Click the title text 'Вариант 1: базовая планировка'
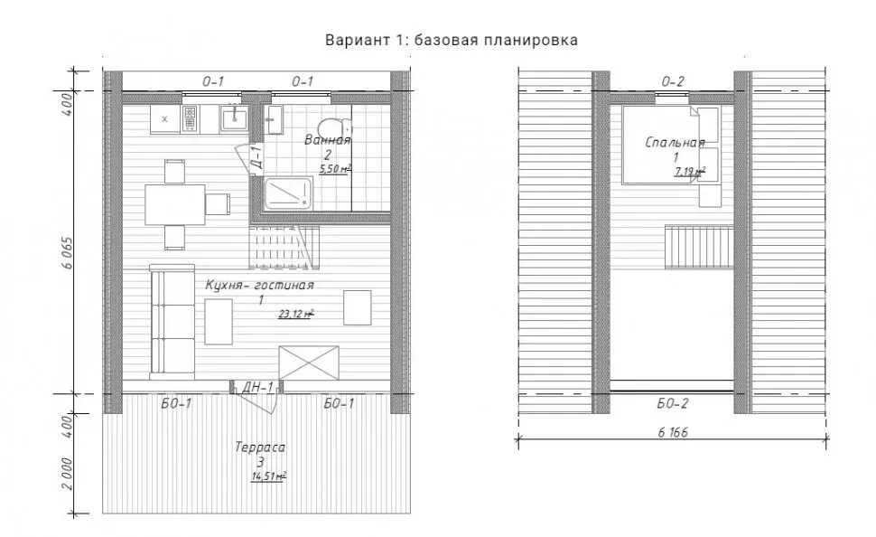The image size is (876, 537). click(452, 41)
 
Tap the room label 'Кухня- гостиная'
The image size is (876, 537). click(259, 285)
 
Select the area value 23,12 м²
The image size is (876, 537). click(295, 314)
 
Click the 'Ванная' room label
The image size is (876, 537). click(328, 140)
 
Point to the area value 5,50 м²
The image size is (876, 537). click(335, 168)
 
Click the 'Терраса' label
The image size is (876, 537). click(260, 447)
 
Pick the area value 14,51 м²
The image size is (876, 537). click(269, 476)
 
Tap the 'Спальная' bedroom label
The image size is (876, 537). click(675, 142)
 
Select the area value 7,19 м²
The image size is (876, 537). click(689, 171)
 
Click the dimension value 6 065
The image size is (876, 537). click(67, 253)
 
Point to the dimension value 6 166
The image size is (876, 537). click(673, 432)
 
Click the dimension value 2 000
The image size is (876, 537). click(67, 474)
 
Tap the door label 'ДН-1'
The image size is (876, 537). click(257, 387)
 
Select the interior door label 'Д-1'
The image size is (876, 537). click(257, 156)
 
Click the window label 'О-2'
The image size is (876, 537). click(673, 81)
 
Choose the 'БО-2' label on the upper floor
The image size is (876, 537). click(672, 403)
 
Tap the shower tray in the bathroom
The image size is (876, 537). click(287, 193)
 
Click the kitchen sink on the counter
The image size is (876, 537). click(234, 118)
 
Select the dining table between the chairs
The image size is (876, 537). click(175, 204)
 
